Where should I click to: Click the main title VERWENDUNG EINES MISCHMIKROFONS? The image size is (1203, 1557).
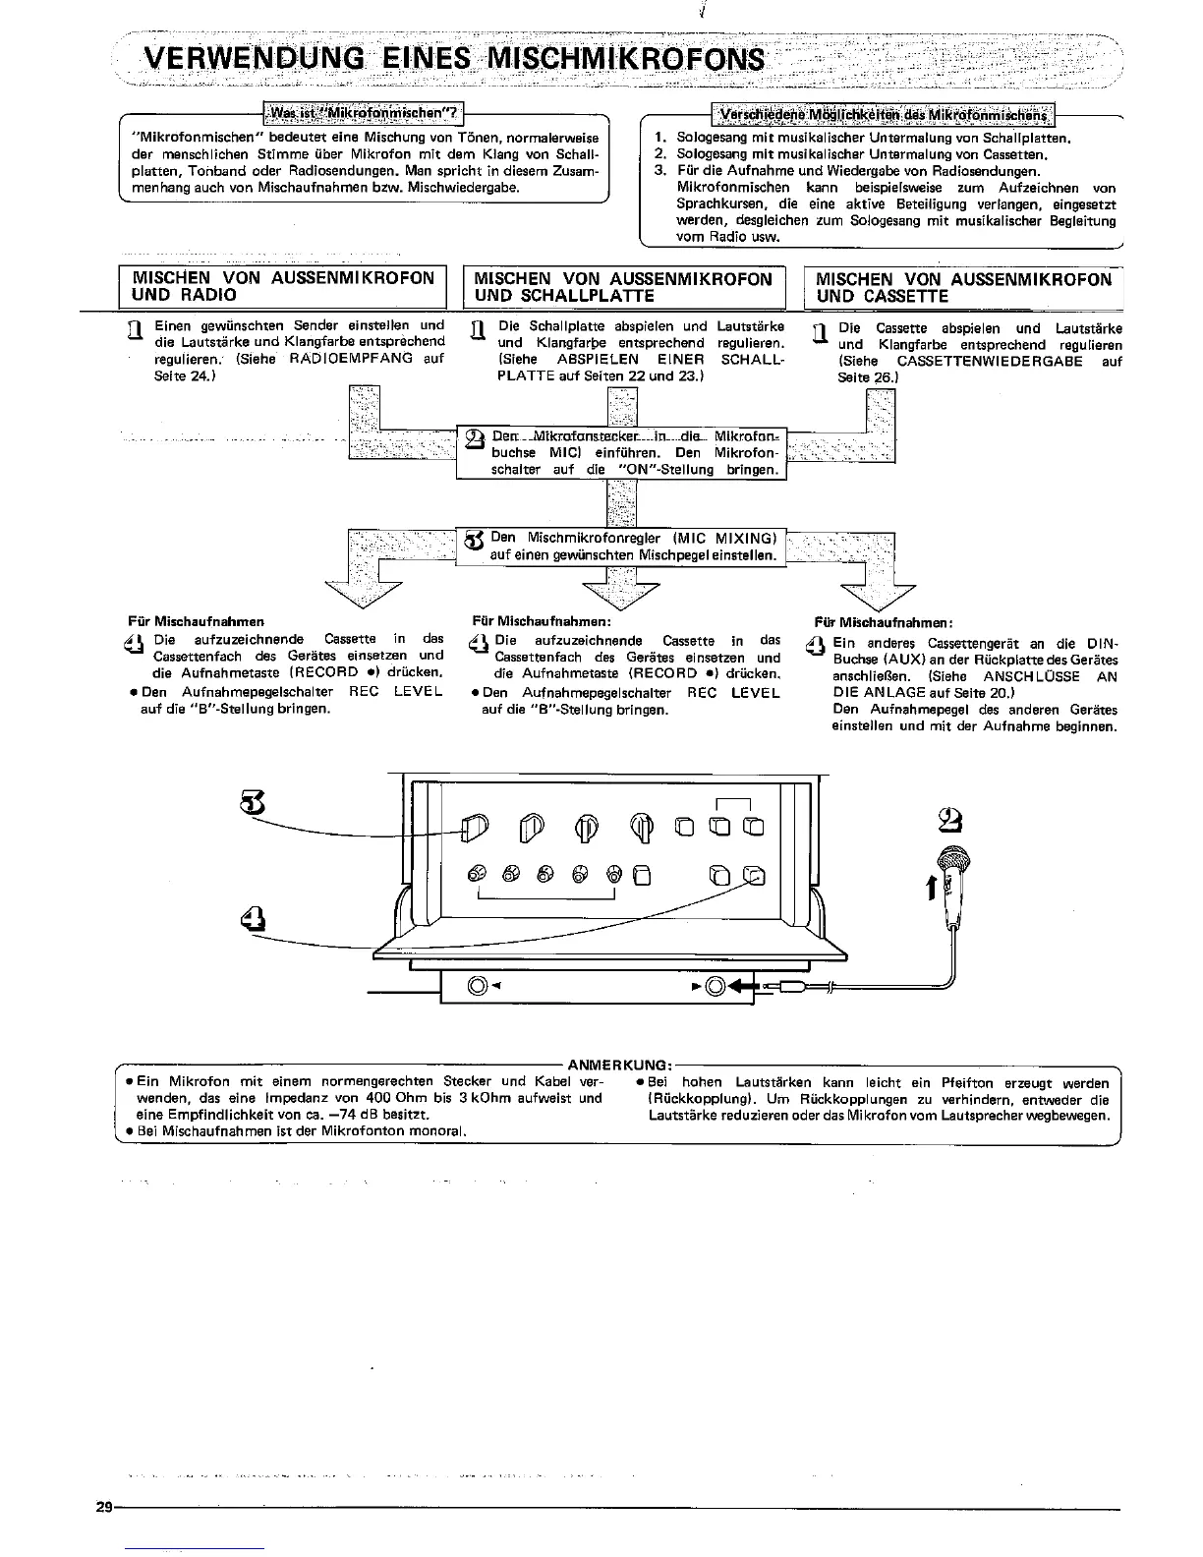454,58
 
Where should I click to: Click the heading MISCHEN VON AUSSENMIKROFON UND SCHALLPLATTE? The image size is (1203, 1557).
623,287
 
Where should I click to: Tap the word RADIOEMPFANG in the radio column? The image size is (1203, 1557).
352,359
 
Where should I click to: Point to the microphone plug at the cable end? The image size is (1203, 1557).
791,986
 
